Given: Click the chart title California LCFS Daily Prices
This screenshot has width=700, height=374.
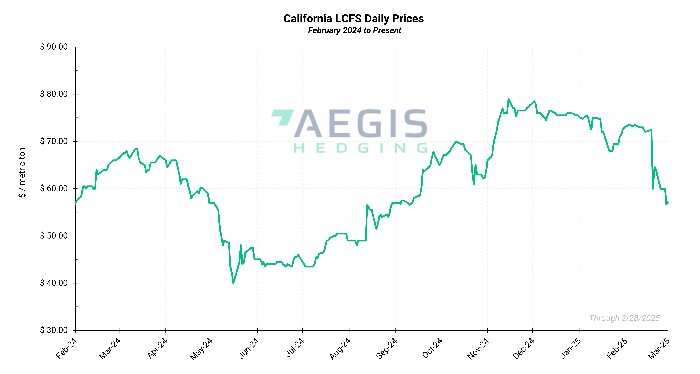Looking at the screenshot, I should [x=353, y=19].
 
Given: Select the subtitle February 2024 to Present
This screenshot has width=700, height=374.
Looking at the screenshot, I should [x=354, y=30].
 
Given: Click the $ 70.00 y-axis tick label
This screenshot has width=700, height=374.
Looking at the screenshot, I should [x=54, y=141].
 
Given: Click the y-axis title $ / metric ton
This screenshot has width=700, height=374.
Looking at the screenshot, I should [x=22, y=172].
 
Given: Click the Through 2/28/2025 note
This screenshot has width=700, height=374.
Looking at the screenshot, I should [x=624, y=318].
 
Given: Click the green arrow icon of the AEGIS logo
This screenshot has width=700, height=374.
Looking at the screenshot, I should [x=283, y=117].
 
